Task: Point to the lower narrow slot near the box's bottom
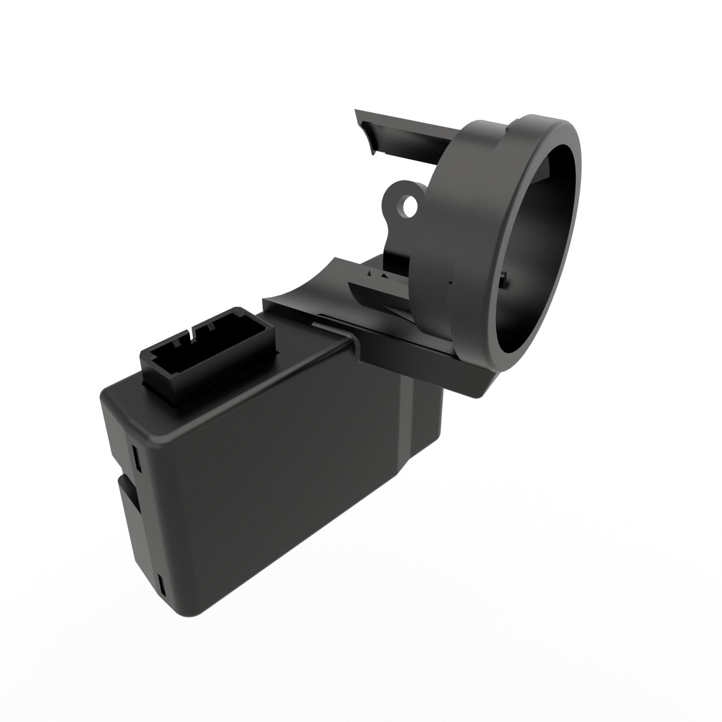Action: pyautogui.click(x=161, y=584)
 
